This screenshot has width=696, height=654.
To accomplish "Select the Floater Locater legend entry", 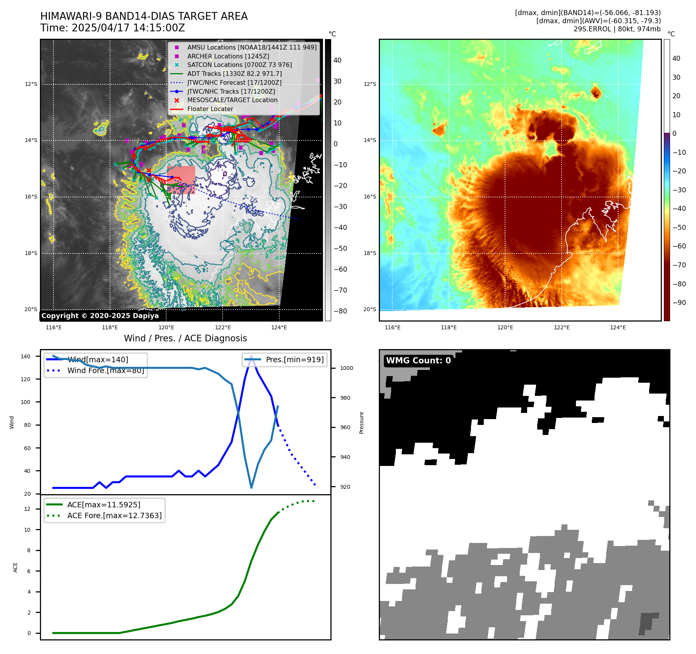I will (210, 109).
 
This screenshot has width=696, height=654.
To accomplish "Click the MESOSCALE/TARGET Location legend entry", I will (232, 100).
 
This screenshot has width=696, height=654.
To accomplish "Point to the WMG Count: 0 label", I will (418, 361).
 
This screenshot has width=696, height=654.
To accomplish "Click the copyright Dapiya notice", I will (100, 316).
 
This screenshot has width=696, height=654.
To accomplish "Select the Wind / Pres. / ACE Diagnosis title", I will (185, 338).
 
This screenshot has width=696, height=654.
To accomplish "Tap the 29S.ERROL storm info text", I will (617, 29).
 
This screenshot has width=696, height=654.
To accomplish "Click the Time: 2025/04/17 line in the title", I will (112, 28).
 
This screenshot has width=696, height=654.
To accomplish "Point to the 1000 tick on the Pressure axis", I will (346, 368).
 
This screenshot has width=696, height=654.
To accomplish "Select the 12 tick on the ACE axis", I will (27, 509).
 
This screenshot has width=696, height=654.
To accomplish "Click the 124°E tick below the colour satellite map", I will (617, 327).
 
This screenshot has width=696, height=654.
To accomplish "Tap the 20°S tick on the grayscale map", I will (31, 309).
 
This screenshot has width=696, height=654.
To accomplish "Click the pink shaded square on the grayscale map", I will (181, 180).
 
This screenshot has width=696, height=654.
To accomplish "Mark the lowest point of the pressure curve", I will (251, 488).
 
